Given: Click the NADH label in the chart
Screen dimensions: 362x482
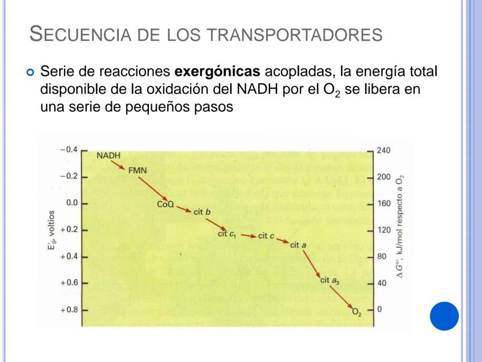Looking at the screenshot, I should [x=108, y=156].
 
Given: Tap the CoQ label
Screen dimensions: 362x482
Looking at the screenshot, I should [x=166, y=205].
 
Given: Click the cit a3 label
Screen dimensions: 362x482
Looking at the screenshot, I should [x=329, y=280].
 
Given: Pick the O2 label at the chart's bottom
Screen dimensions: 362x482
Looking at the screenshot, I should [x=357, y=312].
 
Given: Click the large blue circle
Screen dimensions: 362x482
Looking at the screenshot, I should [x=444, y=315].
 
